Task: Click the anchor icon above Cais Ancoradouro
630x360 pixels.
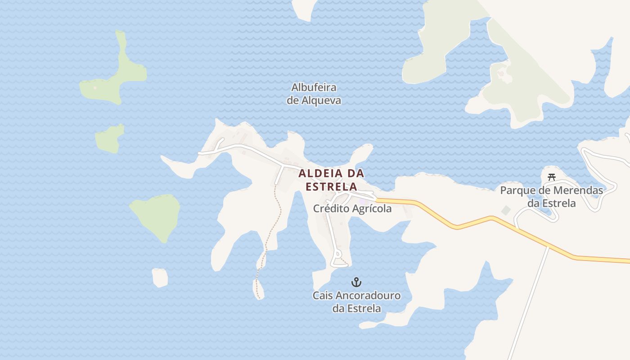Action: pyautogui.click(x=356, y=282)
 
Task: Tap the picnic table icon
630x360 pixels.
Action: pyautogui.click(x=552, y=177)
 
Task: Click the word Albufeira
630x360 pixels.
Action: pyautogui.click(x=314, y=87)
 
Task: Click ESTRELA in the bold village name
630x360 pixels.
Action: pyautogui.click(x=331, y=186)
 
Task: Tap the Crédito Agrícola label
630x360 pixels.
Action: pyautogui.click(x=352, y=209)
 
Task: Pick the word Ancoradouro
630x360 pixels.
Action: pyautogui.click(x=368, y=296)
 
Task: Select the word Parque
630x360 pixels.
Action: pyautogui.click(x=517, y=190)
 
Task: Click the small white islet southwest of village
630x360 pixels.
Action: pyautogui.click(x=160, y=277)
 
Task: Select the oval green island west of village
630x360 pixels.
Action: pyautogui.click(x=156, y=216)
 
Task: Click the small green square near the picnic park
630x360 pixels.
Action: pyautogui.click(x=506, y=210)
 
